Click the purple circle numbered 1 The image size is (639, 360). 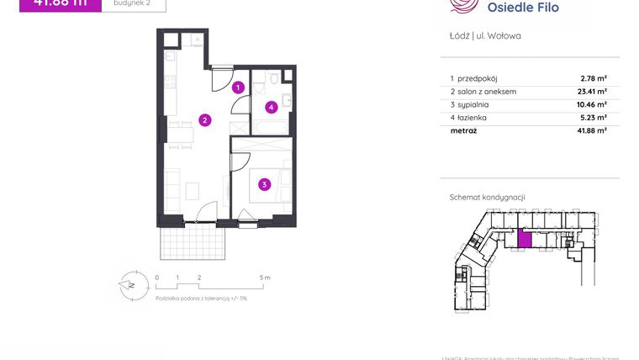(239, 87)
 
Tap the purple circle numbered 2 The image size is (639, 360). (204, 119)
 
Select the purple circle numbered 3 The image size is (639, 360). (264, 184)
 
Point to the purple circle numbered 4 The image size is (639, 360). (272, 107)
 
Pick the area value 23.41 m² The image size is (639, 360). (592, 92)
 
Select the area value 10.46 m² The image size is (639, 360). (592, 104)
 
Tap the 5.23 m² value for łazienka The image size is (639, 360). (594, 118)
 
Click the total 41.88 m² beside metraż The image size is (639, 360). (592, 130)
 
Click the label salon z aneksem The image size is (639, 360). (487, 92)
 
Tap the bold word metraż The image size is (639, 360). (464, 130)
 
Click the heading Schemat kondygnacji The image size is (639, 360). (488, 197)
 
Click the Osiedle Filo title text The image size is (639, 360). (522, 8)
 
